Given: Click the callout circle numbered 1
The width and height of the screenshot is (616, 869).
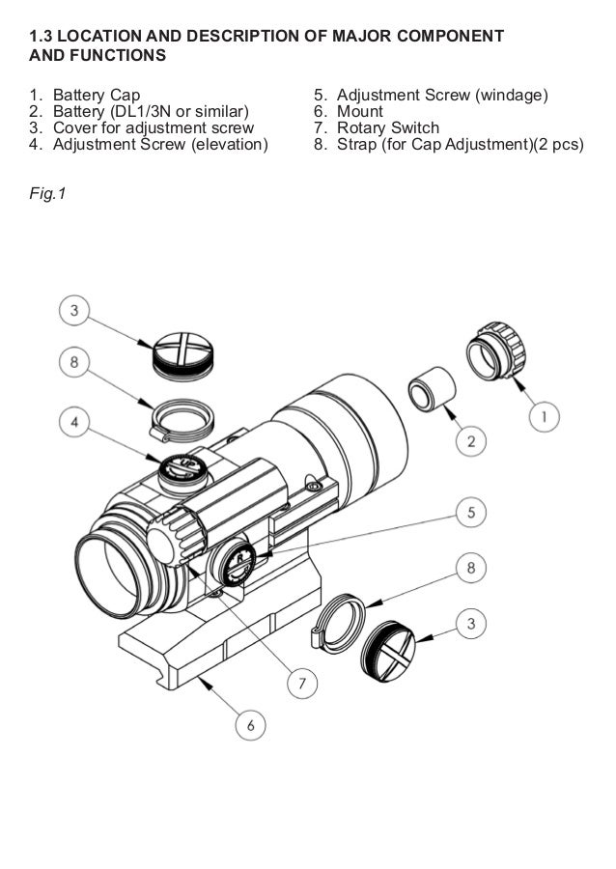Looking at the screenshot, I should [x=545, y=417].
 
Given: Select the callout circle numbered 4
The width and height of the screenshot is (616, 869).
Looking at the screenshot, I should [x=76, y=422].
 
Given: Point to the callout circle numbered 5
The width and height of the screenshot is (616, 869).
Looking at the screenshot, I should [x=471, y=511].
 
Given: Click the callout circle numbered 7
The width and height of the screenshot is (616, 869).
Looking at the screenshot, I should [x=301, y=683].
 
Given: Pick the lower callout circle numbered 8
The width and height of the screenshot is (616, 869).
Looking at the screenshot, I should [x=471, y=568].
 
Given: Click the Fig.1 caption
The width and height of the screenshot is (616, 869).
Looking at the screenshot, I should [x=47, y=195].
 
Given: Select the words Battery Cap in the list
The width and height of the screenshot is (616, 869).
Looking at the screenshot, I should [x=97, y=96].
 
